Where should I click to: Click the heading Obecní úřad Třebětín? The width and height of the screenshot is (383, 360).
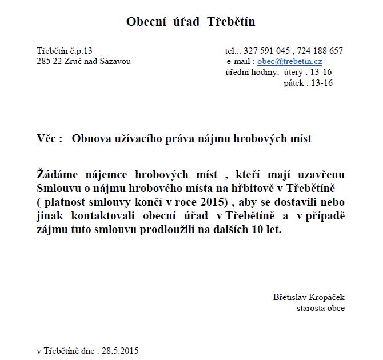coord(190,22)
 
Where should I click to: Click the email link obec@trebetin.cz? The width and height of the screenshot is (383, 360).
coord(289,61)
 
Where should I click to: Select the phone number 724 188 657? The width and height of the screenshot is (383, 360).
coord(322,51)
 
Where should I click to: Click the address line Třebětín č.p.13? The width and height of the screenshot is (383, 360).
coord(64,51)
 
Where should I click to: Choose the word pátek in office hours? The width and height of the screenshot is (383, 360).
coord(294,83)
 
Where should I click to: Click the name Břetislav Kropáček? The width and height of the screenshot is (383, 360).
coord(309,297)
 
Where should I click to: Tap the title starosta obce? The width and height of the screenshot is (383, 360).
coord(320,308)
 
